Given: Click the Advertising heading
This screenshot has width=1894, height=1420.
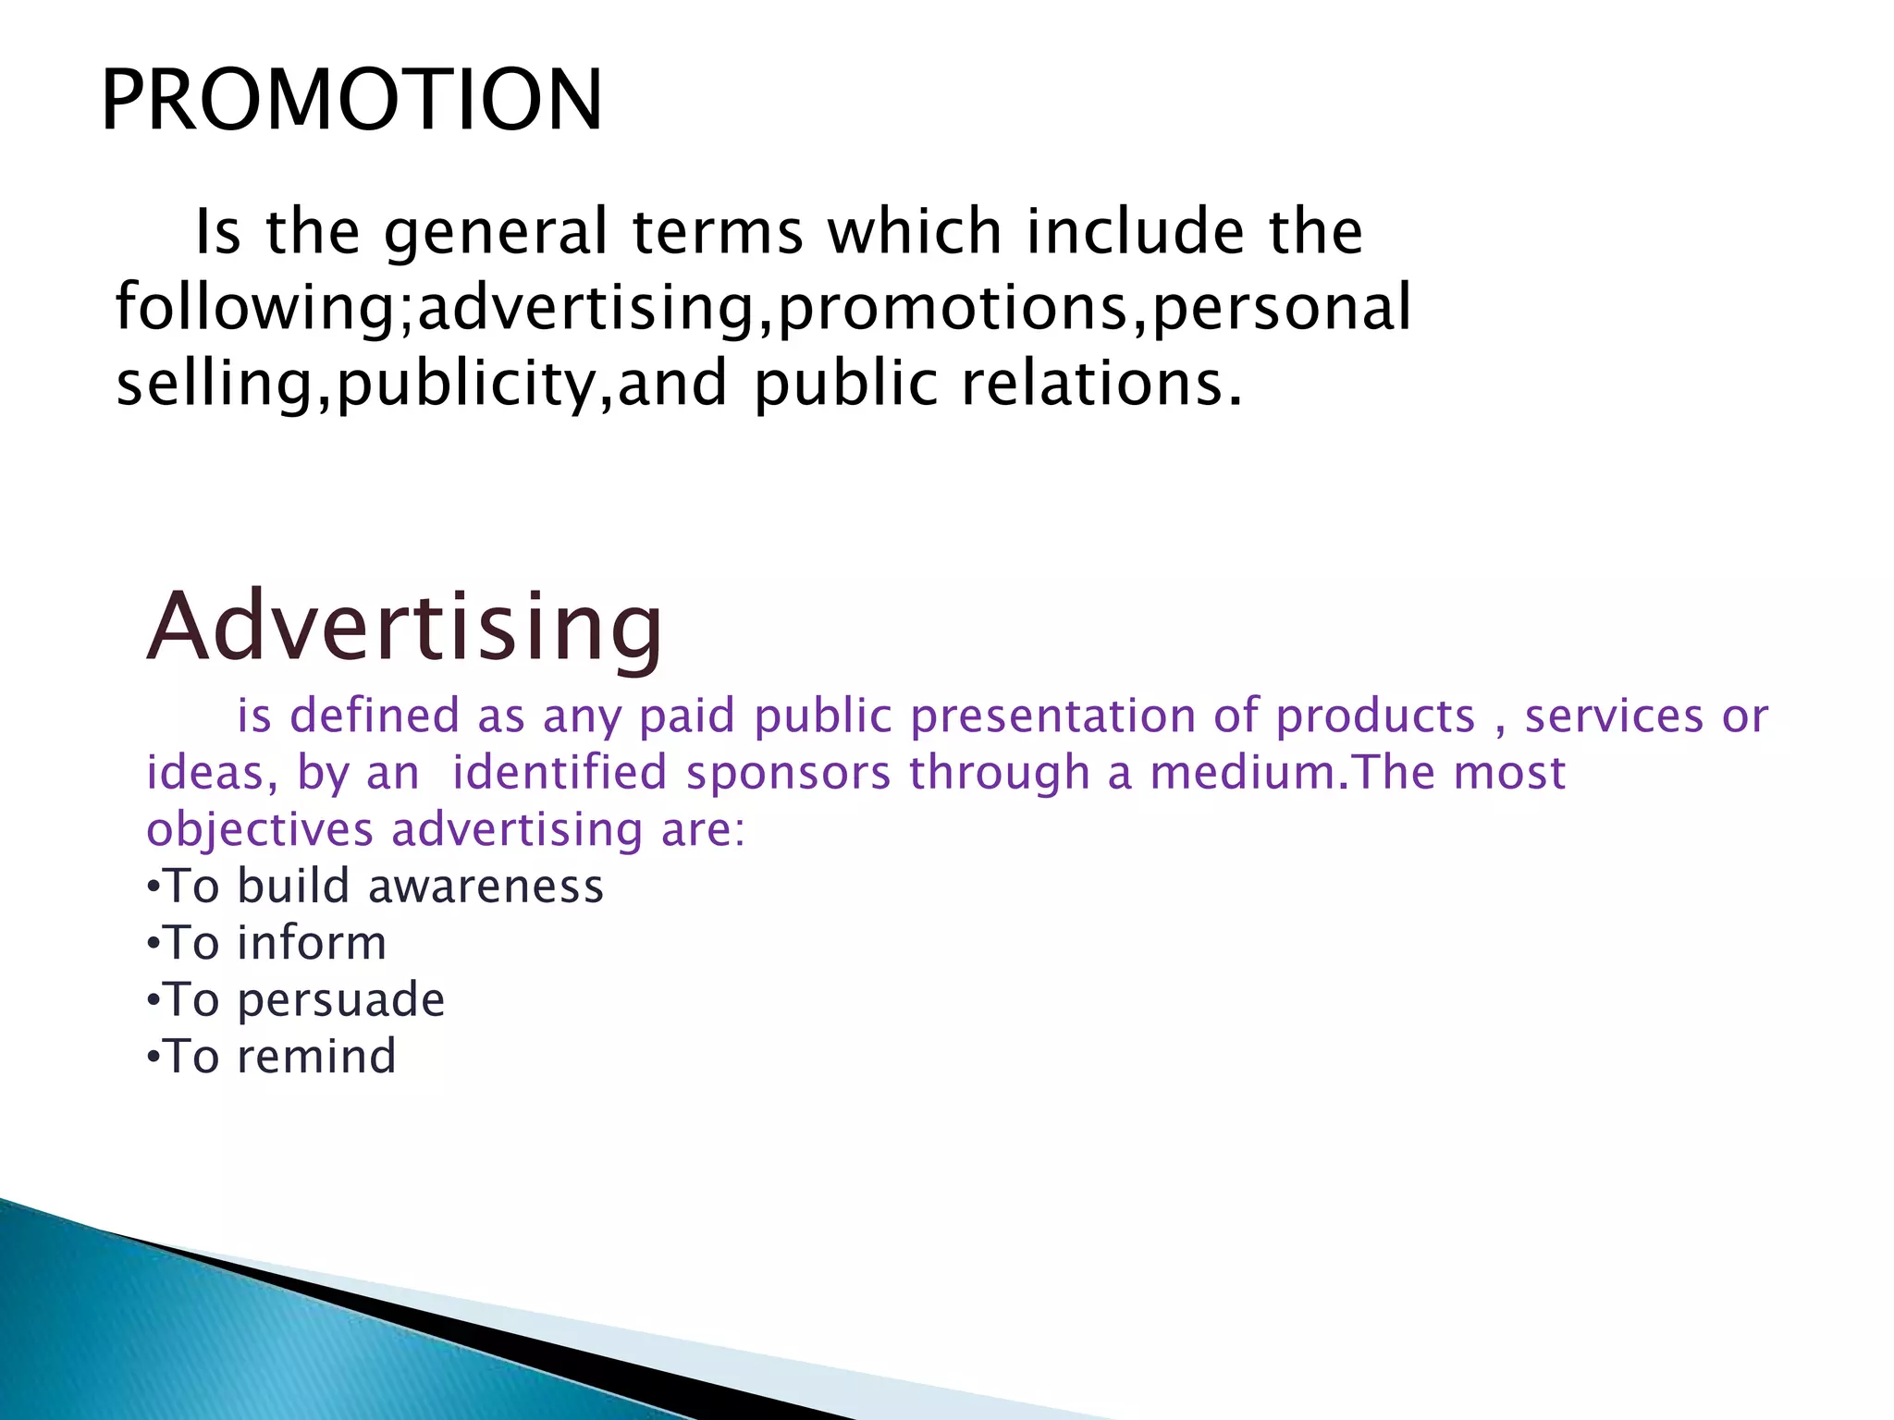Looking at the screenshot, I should tap(405, 628).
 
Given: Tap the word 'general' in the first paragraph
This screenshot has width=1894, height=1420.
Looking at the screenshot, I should tap(496, 232).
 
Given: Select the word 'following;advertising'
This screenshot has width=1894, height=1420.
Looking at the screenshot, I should tap(435, 308).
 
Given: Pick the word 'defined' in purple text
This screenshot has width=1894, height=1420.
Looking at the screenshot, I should tap(375, 716).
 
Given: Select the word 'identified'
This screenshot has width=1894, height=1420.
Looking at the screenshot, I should tap(560, 773).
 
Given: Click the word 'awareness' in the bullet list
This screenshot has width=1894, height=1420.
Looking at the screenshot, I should tap(486, 887).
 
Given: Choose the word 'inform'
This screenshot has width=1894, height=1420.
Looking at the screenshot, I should tap(312, 944).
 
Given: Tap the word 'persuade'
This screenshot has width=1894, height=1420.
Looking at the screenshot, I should tap(341, 1001).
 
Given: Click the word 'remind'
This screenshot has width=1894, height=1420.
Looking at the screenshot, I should tap(316, 1057).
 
